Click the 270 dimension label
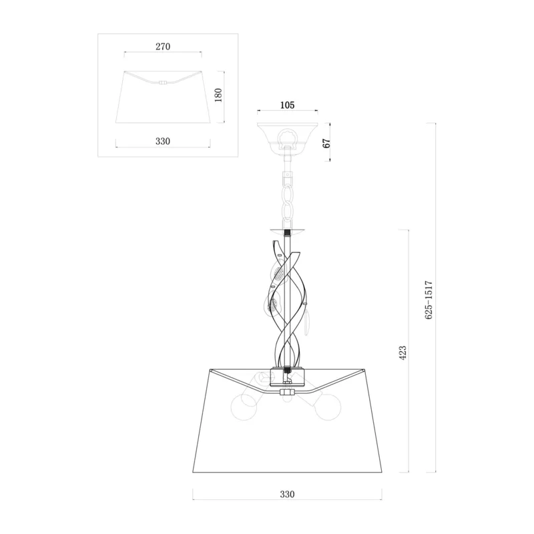click(163, 46)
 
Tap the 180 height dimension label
click(218, 95)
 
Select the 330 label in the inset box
click(163, 141)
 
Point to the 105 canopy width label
click(287, 105)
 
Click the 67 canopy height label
click(326, 144)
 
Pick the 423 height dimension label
click(403, 353)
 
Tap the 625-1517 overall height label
click(429, 300)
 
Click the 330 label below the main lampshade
click(287, 494)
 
